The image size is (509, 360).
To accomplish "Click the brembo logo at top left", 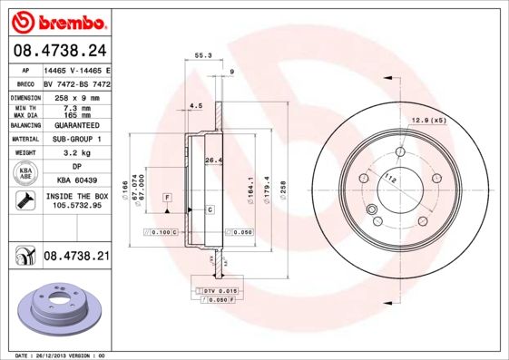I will [57, 21].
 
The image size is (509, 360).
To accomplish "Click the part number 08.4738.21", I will [76, 257].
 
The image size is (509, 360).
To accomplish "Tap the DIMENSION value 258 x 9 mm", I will [76, 95].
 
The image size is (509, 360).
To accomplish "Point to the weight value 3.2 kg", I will [76, 153].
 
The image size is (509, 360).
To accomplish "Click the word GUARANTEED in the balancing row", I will [76, 126].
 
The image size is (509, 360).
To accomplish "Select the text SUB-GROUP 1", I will [76, 140].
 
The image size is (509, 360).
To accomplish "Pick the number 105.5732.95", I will [76, 206].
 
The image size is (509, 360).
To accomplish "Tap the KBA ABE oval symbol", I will [26, 173].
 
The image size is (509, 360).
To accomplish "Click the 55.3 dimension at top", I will [203, 56].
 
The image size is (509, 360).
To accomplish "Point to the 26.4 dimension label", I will [214, 161].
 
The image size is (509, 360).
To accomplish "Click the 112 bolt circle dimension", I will [390, 178].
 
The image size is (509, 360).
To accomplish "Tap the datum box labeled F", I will [167, 197].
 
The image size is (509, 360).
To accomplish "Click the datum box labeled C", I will [210, 209].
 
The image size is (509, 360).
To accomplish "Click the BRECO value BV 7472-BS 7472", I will [76, 82].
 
